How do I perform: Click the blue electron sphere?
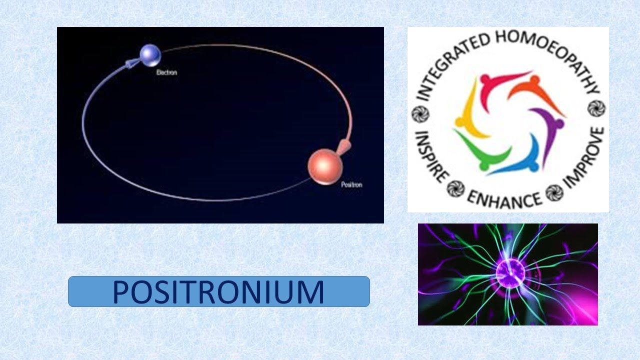click(149, 53)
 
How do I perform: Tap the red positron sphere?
click(322, 165)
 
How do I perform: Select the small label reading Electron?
click(166, 72)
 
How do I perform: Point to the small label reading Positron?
click(351, 184)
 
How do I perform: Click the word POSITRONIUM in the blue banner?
click(218, 292)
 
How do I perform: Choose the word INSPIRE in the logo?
click(429, 156)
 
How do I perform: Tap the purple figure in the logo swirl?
click(547, 130)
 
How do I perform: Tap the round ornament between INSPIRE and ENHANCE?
click(455, 187)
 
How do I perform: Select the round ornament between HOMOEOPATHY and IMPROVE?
click(596, 107)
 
